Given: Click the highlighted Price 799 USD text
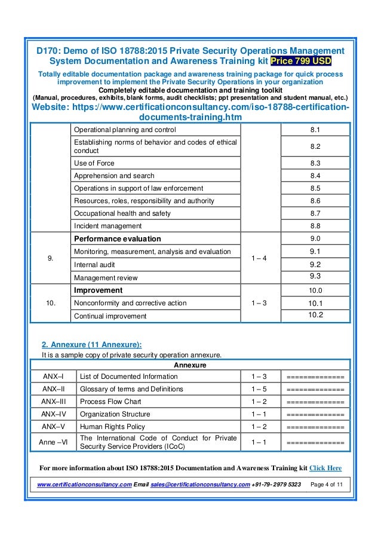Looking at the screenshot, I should [x=302, y=61].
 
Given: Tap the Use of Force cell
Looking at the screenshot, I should [x=94, y=163].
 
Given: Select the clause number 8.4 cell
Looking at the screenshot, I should [x=315, y=176].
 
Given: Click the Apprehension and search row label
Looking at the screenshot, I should [x=114, y=176].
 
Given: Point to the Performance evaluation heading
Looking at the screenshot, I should [x=117, y=238].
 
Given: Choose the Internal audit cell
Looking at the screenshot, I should [x=96, y=264].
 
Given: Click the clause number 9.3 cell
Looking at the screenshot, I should [x=315, y=276].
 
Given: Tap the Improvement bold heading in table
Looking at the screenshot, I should [x=98, y=290].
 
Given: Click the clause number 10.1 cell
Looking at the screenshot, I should [x=315, y=303].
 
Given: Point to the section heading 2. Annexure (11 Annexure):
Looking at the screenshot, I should [x=91, y=344].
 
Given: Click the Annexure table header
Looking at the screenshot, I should [x=190, y=364].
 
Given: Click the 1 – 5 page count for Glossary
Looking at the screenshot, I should [x=259, y=389].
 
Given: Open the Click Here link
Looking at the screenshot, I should [x=325, y=468].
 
